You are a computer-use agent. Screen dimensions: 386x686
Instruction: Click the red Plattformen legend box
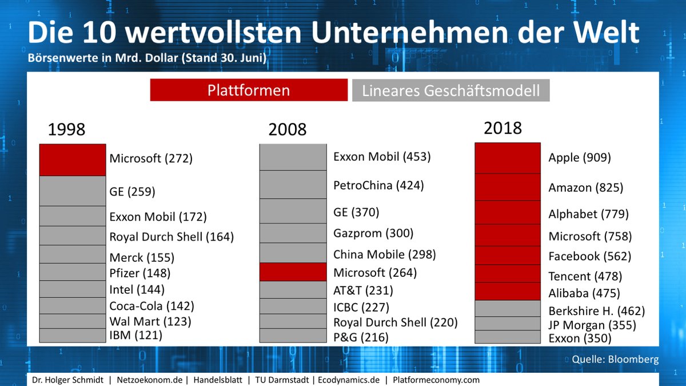(x=249, y=90)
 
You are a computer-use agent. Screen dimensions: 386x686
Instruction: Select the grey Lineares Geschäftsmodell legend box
(x=450, y=90)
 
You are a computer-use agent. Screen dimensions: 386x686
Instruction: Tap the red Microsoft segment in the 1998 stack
(x=73, y=160)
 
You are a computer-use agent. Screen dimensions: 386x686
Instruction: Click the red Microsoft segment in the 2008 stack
(x=293, y=272)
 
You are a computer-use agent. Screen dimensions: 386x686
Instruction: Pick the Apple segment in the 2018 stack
(x=507, y=158)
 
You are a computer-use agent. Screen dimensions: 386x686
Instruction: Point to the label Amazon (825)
(x=585, y=188)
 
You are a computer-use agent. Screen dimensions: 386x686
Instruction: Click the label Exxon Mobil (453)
(x=382, y=157)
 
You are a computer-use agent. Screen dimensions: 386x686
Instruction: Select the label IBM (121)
(x=135, y=335)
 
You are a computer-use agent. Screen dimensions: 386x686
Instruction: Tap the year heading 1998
(x=66, y=130)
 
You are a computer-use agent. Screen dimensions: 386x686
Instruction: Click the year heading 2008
(x=287, y=130)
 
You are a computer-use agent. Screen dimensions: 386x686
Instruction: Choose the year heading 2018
(x=502, y=128)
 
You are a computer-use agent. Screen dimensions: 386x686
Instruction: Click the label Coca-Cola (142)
(x=151, y=306)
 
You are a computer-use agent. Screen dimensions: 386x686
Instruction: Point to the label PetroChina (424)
(x=378, y=185)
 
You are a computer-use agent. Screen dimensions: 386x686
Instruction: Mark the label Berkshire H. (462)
(x=596, y=312)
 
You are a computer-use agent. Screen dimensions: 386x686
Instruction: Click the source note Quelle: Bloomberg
(x=615, y=360)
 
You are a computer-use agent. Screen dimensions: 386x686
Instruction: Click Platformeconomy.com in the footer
(x=436, y=380)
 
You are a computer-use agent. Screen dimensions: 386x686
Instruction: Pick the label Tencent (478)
(x=585, y=276)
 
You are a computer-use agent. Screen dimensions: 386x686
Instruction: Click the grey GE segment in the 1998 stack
(x=73, y=191)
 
